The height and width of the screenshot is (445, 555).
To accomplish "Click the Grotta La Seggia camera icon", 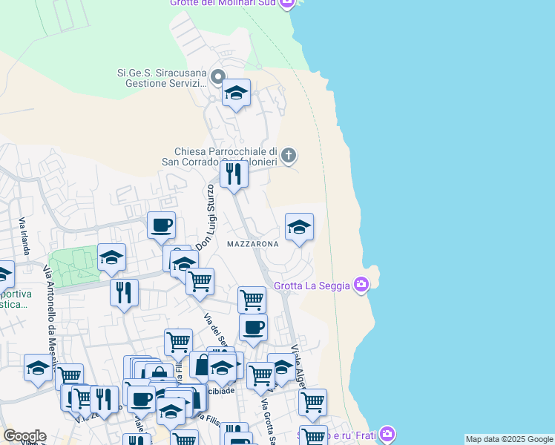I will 361,284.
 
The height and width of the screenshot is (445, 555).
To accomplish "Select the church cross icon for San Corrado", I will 289,155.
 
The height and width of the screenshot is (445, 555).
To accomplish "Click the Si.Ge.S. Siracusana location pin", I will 217,76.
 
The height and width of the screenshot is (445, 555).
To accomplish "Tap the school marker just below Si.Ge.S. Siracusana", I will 236,93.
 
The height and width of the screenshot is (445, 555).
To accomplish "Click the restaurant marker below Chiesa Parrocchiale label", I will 234,175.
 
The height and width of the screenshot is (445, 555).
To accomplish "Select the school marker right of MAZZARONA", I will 299,228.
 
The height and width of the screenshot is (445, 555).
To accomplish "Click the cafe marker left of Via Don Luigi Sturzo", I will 161,225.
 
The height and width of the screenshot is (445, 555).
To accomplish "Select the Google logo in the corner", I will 24,436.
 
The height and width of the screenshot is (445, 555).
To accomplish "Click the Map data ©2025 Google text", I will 509,439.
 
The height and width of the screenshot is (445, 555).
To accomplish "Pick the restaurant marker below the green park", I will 124,291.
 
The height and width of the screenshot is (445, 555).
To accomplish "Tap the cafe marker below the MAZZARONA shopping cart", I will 253,328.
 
